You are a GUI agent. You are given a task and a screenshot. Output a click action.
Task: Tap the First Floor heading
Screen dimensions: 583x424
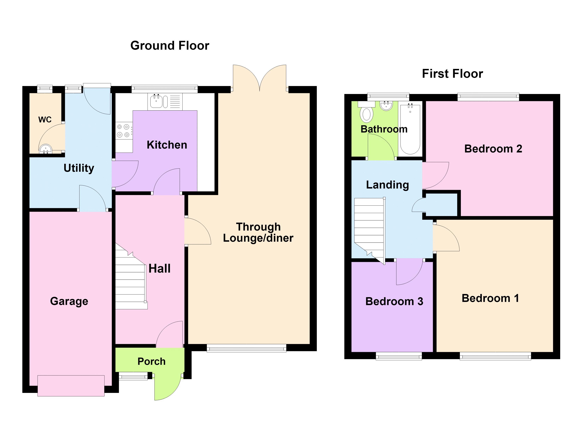[452, 74]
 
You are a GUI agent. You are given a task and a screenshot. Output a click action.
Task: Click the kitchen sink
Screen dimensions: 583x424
[165, 102]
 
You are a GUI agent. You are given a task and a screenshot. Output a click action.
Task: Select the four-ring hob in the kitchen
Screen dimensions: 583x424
[124, 131]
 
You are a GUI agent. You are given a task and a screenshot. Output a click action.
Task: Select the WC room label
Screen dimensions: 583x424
[45, 120]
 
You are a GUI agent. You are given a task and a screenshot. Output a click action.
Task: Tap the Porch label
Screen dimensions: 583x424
[151, 361]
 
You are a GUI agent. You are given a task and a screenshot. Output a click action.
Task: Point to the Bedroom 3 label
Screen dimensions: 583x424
[394, 301]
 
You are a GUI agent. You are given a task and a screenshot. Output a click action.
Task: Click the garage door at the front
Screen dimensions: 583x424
[71, 386]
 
